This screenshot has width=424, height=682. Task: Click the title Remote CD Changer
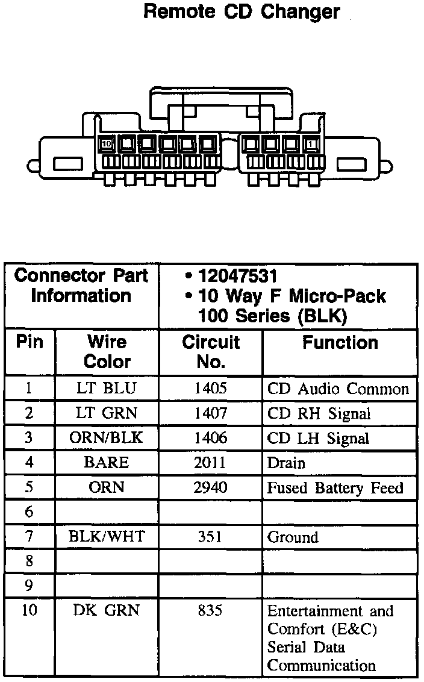[x=242, y=11]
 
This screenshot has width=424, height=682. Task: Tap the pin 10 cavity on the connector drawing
[x=107, y=144]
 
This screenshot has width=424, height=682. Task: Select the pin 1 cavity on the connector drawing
[x=311, y=144]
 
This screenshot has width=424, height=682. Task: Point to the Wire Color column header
[x=107, y=352]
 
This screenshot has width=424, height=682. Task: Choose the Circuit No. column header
[x=211, y=352]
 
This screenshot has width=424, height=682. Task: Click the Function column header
[x=340, y=343]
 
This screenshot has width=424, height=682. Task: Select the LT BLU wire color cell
[x=107, y=389]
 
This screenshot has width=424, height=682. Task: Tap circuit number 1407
[x=210, y=413]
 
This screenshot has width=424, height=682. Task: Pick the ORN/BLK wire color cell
[x=107, y=438]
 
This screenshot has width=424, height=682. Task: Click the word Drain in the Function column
[x=286, y=463]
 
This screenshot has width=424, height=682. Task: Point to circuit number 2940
[x=210, y=487]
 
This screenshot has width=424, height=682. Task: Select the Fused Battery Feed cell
[x=335, y=487]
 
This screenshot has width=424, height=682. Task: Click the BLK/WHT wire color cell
[x=107, y=536]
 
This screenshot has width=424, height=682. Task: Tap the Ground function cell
[x=293, y=537]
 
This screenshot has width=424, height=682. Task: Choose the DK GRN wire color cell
[x=107, y=610]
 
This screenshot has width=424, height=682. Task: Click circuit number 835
[x=210, y=610]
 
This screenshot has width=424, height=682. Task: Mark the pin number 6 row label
[x=29, y=512]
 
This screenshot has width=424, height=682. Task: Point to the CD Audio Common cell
[x=338, y=389]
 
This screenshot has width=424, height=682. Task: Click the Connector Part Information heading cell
[x=81, y=286]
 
